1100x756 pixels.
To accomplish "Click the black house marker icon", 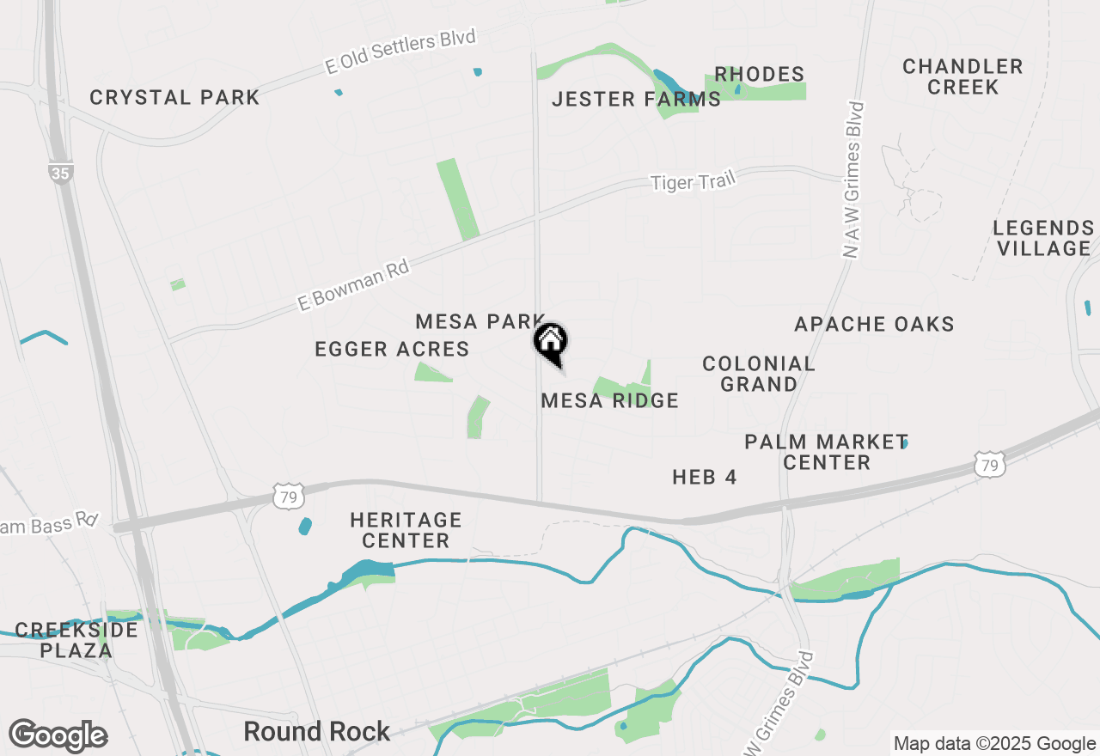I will (550, 341).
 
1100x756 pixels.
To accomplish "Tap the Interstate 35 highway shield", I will (60, 173).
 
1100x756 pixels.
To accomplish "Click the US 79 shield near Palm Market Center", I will (990, 465).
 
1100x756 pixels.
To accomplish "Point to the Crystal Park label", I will (174, 98).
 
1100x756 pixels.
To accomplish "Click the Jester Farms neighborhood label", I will (636, 100).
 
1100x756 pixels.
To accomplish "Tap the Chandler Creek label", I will (962, 76).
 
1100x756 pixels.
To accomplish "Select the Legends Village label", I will (1042, 238).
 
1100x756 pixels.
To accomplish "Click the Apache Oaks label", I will (874, 325).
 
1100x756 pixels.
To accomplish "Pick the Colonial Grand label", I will (758, 374).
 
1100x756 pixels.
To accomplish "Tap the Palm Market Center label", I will (826, 452).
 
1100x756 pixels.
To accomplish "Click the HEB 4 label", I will (705, 477).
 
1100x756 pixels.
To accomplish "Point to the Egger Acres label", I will (392, 349).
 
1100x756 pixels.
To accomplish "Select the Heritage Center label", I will (406, 530).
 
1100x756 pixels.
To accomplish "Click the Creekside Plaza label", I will (76, 640).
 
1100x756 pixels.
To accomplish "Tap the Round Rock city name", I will (317, 732).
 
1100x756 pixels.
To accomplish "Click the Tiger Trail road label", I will (693, 181).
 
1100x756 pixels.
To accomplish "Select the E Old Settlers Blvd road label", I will (400, 52).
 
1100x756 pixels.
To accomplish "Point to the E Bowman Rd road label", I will (352, 285).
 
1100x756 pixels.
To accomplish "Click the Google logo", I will (58, 735).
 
